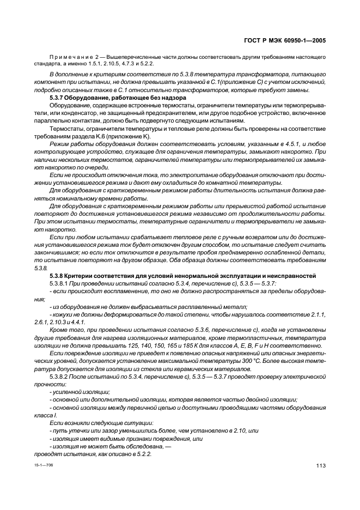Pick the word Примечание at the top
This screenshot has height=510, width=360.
coord(69,56)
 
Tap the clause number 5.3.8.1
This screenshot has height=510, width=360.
coord(60,284)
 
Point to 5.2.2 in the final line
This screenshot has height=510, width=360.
coord(143,454)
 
